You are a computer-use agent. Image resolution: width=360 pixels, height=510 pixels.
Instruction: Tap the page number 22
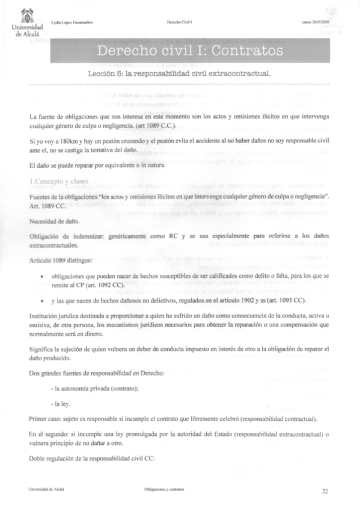coord(325,491)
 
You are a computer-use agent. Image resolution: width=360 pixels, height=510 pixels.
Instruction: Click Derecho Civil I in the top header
coord(179,22)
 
